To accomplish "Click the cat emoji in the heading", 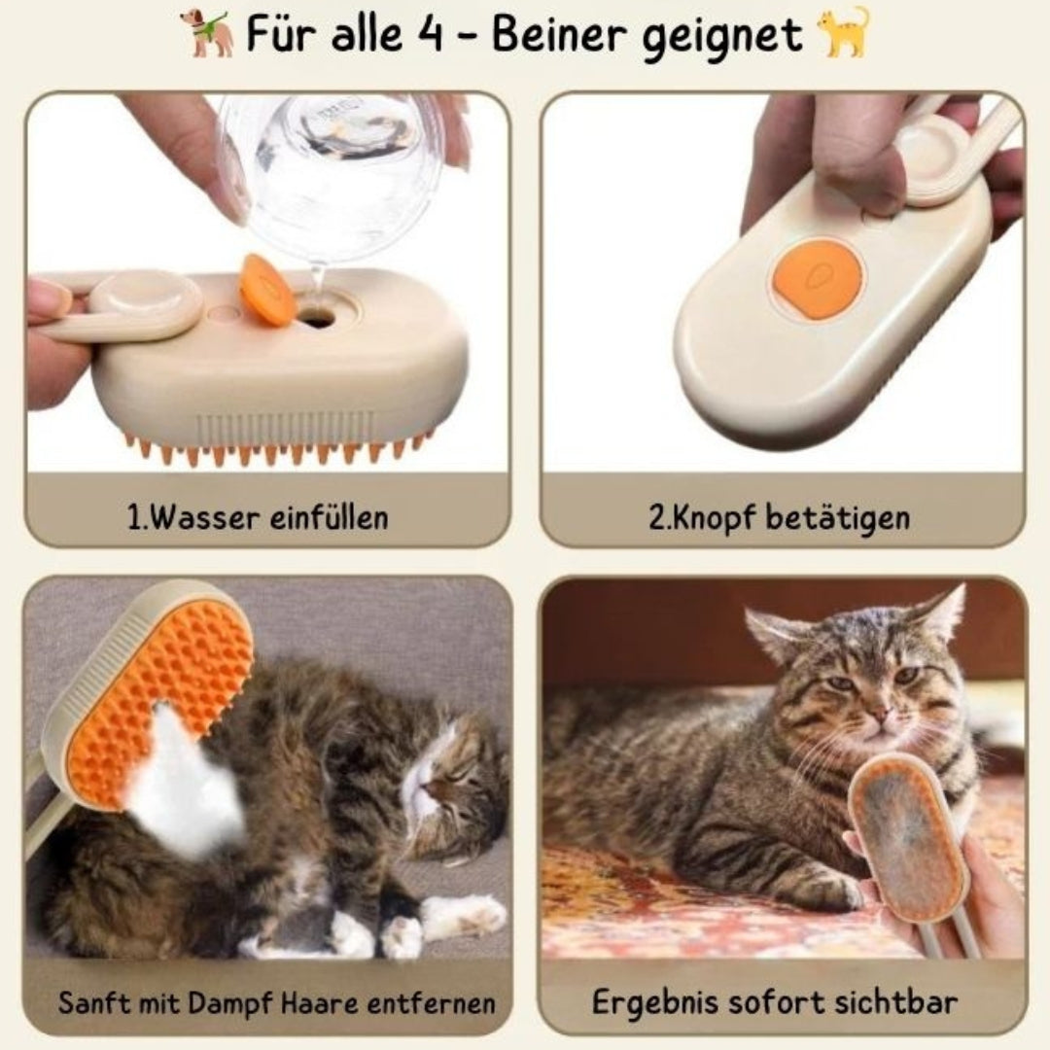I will tap(843, 34).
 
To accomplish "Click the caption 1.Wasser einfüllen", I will tap(258, 517).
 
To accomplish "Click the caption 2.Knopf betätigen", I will tap(779, 517).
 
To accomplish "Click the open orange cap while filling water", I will tap(267, 290).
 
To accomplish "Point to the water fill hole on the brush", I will tap(316, 315).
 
